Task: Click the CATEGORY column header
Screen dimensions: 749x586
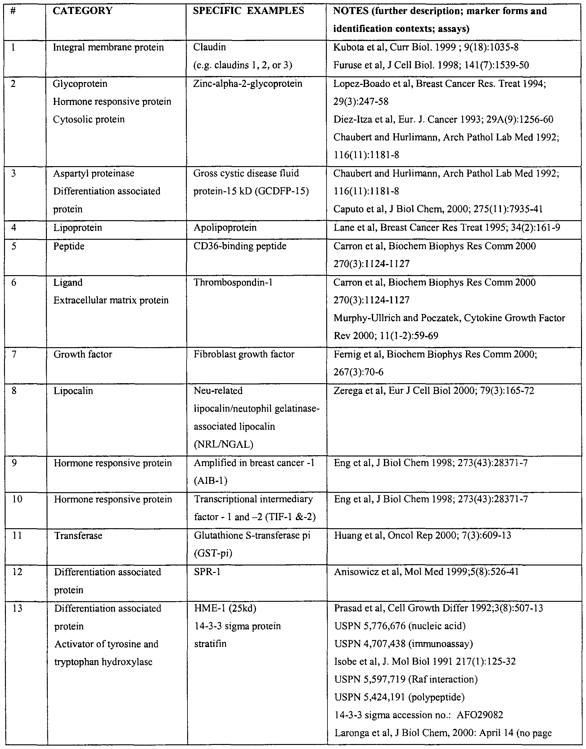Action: [x=83, y=11]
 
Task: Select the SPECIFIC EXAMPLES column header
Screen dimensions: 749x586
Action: [x=248, y=11]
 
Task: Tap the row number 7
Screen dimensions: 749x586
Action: [x=14, y=354]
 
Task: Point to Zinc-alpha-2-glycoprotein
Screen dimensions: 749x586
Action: [x=248, y=84]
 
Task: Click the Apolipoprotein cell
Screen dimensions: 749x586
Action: [x=225, y=228]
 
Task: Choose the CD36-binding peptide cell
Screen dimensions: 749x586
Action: [x=240, y=246]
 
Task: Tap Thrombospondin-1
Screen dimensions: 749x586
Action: [x=233, y=283]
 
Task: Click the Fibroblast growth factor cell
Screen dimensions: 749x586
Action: [x=244, y=354]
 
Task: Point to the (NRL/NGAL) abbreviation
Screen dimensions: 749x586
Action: [x=223, y=445]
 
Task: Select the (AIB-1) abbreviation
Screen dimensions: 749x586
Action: [x=211, y=481]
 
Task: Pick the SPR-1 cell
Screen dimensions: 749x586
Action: [x=207, y=572]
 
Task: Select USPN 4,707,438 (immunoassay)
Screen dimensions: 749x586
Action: [x=403, y=644]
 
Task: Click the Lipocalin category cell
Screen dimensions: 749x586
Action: [x=73, y=391]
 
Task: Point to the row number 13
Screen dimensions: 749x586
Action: [x=17, y=608]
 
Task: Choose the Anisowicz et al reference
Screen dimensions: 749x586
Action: [x=426, y=572]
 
